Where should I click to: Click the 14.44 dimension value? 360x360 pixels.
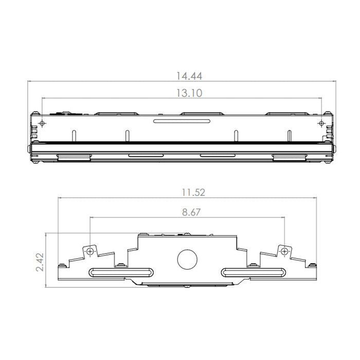point(189,76)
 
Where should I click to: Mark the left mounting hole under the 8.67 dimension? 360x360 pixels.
point(90,251)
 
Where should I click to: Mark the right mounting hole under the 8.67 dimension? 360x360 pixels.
point(283,251)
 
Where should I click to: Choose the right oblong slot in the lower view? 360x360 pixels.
point(253,272)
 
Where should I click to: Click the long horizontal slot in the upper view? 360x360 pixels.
point(182,121)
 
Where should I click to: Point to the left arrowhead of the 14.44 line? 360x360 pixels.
point(30,81)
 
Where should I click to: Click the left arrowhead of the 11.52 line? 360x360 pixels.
point(60,197)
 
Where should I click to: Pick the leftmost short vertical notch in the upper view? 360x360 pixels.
point(74,135)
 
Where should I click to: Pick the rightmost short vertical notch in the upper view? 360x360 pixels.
point(289,135)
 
